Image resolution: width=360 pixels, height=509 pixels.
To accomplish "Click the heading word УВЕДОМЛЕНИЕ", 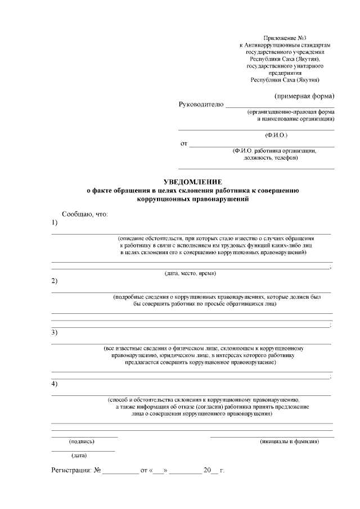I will click(x=192, y=182).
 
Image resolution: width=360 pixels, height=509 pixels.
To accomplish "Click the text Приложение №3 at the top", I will click(x=283, y=37).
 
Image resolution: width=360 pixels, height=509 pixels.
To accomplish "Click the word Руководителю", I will click(x=201, y=104).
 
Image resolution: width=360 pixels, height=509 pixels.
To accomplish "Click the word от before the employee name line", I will click(x=183, y=144).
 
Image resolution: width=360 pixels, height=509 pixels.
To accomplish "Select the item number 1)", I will click(x=55, y=223).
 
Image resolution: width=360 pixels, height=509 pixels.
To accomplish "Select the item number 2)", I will click(x=55, y=281).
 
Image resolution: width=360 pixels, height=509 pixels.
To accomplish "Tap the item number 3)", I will click(x=55, y=332).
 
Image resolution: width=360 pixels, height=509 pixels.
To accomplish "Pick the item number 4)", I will click(x=55, y=384).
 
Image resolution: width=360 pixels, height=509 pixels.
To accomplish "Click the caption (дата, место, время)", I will click(x=190, y=273).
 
